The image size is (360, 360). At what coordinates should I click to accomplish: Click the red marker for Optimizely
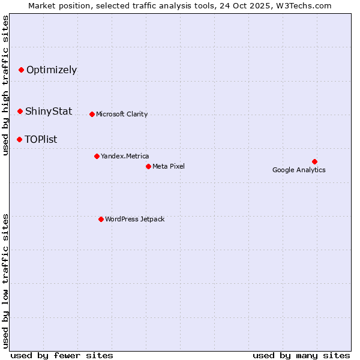point(21,70)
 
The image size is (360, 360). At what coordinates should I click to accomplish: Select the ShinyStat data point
point(20,111)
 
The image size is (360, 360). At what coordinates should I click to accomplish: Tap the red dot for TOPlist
point(19,139)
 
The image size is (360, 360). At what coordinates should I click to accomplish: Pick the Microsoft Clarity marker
point(92,114)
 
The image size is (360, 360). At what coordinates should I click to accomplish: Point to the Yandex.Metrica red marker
point(97,156)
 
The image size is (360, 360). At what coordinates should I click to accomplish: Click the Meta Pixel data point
point(148,166)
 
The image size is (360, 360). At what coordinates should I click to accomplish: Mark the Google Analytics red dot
point(314,161)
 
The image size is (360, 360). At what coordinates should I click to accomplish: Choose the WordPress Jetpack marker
point(101,219)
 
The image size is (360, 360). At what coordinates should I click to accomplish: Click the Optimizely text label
point(52,70)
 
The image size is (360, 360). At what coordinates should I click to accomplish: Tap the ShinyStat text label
point(49,111)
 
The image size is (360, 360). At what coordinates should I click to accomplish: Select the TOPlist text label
point(41,139)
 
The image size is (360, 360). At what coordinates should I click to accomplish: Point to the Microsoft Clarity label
point(122,114)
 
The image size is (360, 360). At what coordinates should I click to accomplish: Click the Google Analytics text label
point(299,170)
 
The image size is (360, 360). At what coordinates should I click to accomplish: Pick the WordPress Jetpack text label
point(134,219)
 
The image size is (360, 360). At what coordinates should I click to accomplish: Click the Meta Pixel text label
point(169,166)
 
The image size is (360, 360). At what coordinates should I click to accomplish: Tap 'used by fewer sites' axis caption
point(62,355)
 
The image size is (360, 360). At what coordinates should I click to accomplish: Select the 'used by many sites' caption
point(301,355)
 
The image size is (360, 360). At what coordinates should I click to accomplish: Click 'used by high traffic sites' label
point(5,85)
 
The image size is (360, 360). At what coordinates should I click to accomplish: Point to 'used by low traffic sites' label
point(5,280)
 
